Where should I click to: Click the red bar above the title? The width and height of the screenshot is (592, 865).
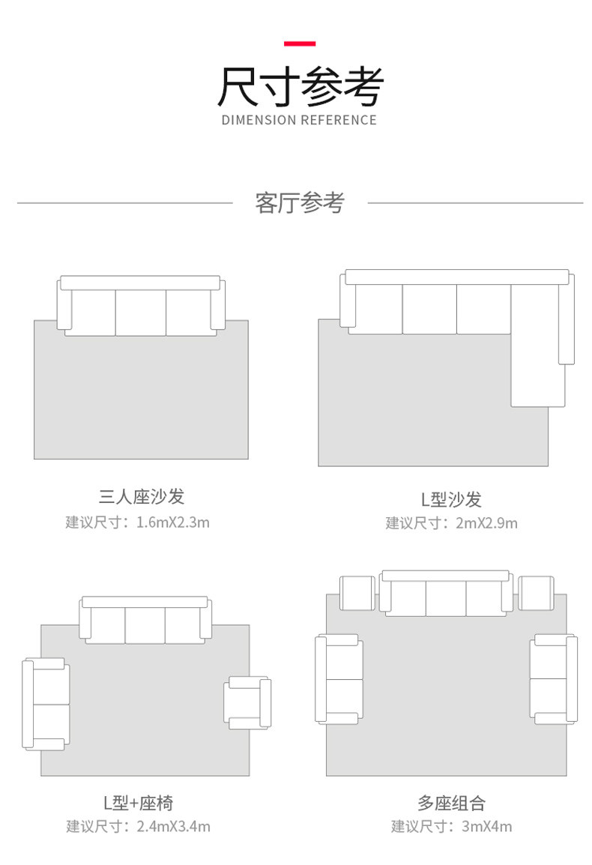[x=300, y=43]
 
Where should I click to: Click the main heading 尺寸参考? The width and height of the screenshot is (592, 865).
[x=300, y=86]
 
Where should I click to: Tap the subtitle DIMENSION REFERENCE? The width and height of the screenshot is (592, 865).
[x=300, y=120]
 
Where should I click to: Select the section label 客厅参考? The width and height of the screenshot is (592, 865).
[x=300, y=202]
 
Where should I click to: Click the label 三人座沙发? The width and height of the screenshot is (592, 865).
[x=141, y=496]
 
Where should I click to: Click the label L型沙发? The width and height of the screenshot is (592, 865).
[x=450, y=499]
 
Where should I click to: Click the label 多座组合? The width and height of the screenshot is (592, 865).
[x=451, y=803]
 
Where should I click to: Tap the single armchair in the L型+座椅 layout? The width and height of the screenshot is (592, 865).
[x=247, y=702]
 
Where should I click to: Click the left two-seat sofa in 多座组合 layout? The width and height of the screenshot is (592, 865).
[x=339, y=679]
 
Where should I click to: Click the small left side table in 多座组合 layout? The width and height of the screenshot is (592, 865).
[x=357, y=593]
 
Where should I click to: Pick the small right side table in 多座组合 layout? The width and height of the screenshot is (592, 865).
[x=536, y=593]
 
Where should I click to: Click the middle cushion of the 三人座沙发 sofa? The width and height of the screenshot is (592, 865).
[x=141, y=313]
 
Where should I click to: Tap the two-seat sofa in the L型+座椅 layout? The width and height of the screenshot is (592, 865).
[x=46, y=704]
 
